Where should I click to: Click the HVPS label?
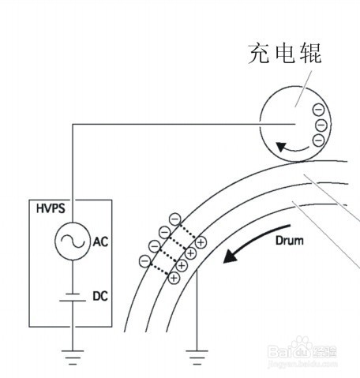pos(51,208)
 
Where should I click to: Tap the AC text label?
pos(100,241)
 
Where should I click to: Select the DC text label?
pos(100,296)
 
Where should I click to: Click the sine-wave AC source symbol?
pos(73,241)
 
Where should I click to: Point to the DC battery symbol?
pos(73,297)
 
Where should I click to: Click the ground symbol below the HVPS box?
pos(73,357)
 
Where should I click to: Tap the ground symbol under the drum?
pos(197,357)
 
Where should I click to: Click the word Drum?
pos(290,241)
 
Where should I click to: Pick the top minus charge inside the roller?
pos(318,110)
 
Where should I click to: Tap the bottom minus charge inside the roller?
pos(318,140)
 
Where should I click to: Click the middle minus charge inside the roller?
pos(321,125)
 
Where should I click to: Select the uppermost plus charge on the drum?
pos(201,242)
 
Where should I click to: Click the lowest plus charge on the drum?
pos(174,278)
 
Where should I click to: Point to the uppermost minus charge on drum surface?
pos(175,219)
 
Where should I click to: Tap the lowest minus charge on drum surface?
pos(144,261)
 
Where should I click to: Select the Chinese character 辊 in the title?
pos(311,54)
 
